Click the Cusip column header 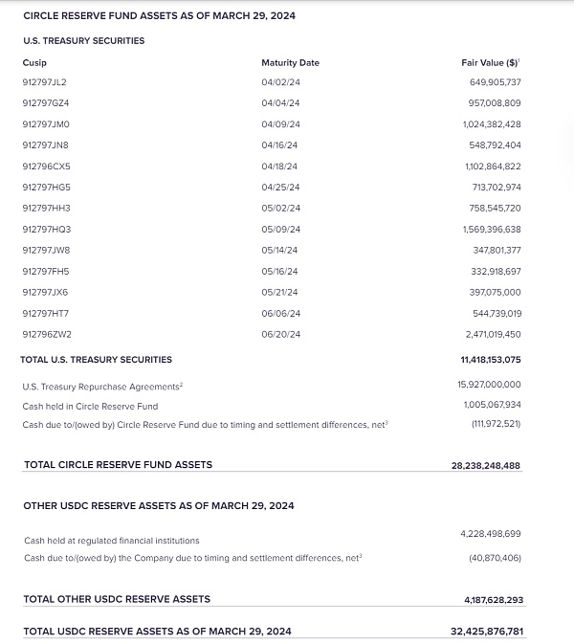tap(33, 62)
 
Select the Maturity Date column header tap(290, 62)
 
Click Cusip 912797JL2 tap(45, 82)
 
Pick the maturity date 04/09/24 tap(280, 124)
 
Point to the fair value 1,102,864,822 tap(493, 167)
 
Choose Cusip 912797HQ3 tap(46, 230)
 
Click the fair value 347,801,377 tap(497, 250)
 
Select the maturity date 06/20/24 tap(280, 334)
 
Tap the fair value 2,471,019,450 tap(493, 334)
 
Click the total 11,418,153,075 tap(490, 360)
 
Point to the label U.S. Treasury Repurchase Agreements tap(101, 386)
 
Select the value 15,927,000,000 tap(489, 385)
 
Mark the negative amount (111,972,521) tap(496, 424)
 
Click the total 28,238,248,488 tap(486, 465)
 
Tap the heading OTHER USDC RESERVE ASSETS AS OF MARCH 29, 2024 tap(159, 505)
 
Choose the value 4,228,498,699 tap(492, 533)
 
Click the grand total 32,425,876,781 tap(488, 632)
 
